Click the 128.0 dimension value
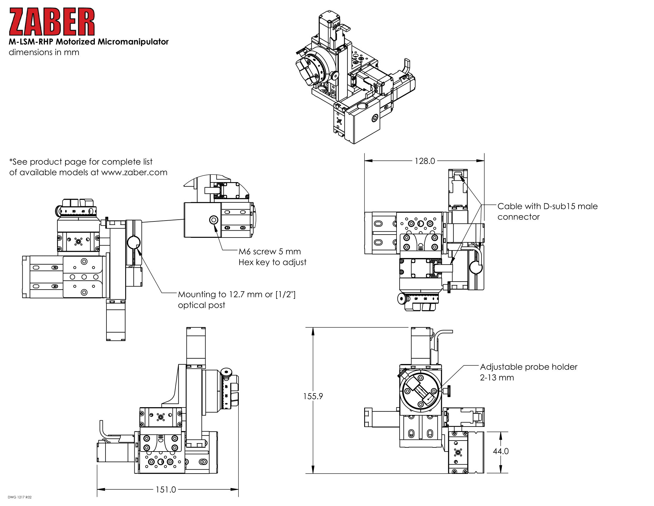pos(425,161)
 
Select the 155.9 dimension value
pos(313,396)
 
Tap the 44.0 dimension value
pos(501,451)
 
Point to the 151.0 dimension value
pos(166,490)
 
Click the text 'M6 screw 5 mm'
pos(270,252)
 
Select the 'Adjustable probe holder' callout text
pos(529,367)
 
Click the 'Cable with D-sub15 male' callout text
pos(547,206)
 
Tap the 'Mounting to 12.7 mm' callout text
pos(237,294)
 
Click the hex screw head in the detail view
pos(213,220)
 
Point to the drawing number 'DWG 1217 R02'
pos(19,497)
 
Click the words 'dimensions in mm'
pos(44,52)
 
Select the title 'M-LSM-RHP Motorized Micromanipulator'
pos(89,42)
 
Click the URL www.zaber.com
pos(134,172)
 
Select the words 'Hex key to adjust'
pos(273,262)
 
